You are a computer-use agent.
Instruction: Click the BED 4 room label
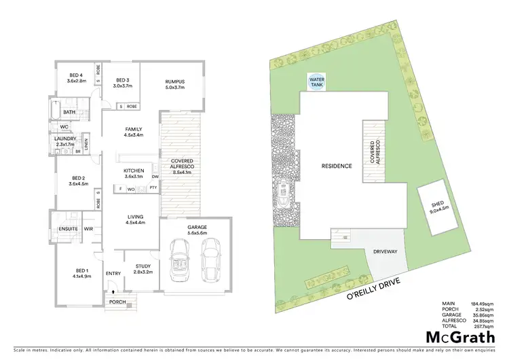point(75,79)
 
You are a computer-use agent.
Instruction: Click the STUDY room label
point(143,270)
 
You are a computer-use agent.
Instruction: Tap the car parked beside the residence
point(284,194)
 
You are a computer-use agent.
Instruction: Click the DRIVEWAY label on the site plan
point(385,251)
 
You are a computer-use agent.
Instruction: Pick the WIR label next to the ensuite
point(88,229)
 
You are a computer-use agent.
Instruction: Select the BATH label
point(69,112)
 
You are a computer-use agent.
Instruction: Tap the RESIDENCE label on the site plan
point(336,166)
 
